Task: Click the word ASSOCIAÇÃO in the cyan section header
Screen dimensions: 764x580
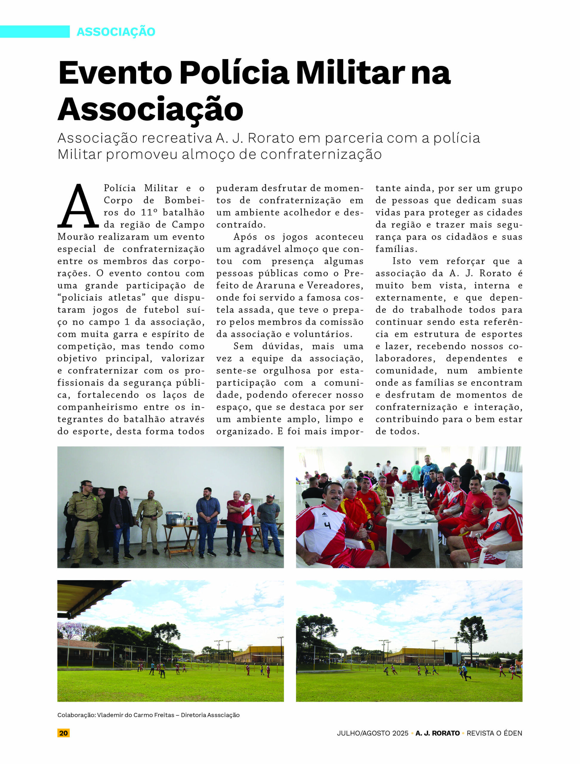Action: pyautogui.click(x=116, y=32)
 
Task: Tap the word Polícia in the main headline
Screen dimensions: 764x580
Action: pyautogui.click(x=234, y=73)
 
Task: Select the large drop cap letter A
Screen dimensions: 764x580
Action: pyautogui.click(x=78, y=206)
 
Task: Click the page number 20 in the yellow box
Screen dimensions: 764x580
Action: pyautogui.click(x=64, y=733)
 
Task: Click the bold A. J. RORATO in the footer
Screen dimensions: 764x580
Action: pyautogui.click(x=437, y=733)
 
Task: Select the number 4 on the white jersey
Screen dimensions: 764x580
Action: pyautogui.click(x=327, y=525)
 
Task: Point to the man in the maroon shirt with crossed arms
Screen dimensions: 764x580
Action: pyautogui.click(x=235, y=518)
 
